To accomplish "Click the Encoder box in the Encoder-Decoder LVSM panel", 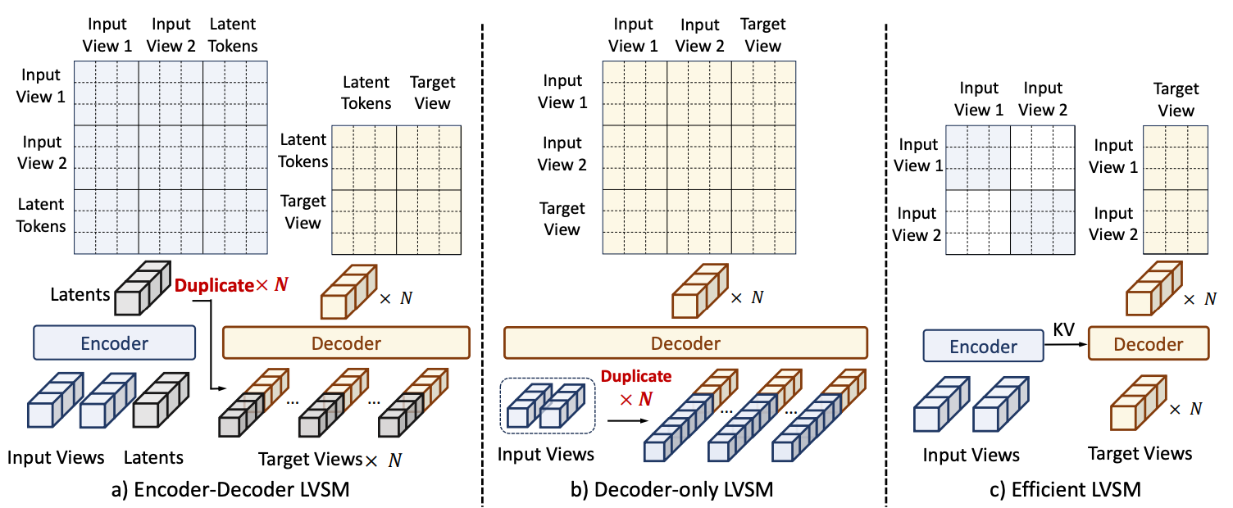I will [114, 342].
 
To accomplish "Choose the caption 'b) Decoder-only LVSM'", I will [683, 490].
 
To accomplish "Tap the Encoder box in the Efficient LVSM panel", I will [983, 346].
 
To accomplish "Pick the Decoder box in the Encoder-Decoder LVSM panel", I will [345, 342].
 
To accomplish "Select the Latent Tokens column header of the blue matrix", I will [233, 35].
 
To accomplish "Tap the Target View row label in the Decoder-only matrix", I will [562, 219].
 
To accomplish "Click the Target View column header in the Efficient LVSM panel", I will [1176, 99].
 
